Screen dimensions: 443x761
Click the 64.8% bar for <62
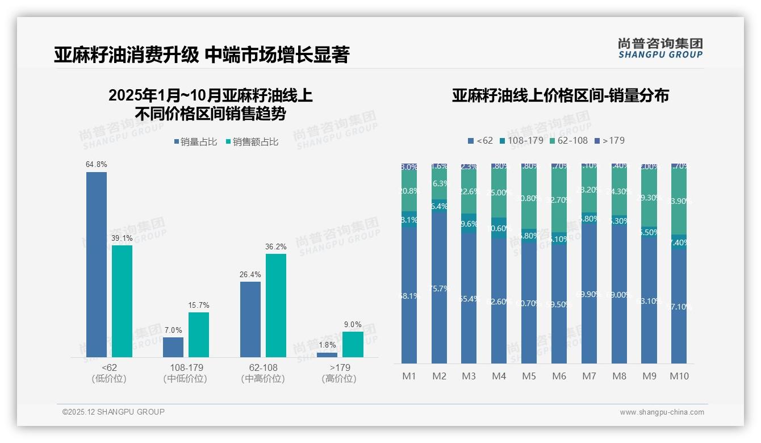coord(97,264)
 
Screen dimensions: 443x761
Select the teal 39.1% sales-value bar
coord(122,301)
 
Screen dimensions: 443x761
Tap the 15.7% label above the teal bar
coord(199,306)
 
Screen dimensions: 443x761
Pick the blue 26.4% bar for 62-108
coord(250,319)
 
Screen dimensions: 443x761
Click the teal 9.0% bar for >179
coord(353,344)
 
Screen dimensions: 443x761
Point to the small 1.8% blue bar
coord(327,355)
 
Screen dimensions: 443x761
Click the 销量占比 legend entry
coord(195,142)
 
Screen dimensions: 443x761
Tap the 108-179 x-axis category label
coord(186,367)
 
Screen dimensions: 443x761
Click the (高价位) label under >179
coord(339,379)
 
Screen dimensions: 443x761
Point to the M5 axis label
coord(529,376)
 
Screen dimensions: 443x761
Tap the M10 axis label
coord(679,376)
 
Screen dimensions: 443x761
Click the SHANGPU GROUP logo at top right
coord(660,48)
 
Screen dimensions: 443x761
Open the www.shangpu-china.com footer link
coord(662,412)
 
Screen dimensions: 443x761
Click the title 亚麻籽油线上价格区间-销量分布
coord(560,95)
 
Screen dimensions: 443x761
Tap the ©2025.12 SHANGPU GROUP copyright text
coord(114,412)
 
